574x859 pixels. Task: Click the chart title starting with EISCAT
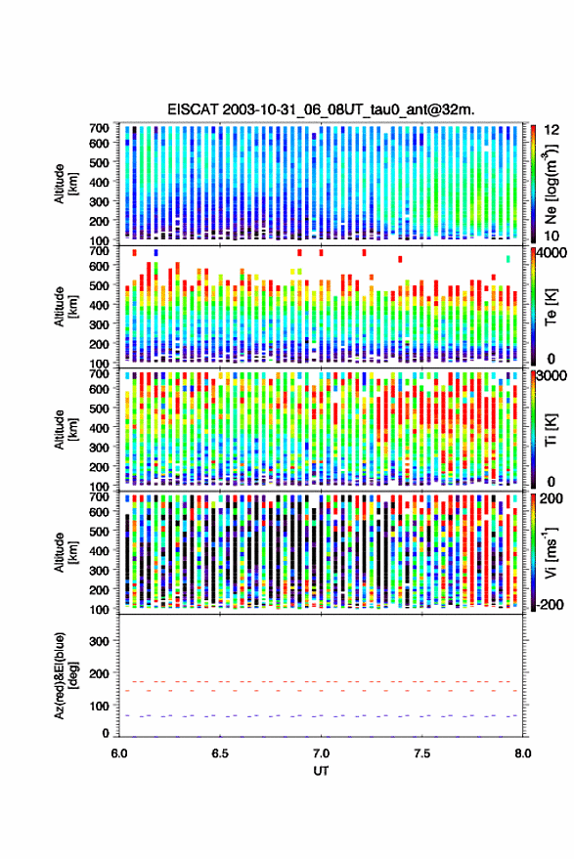tap(321, 109)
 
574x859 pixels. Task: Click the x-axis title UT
tap(321, 771)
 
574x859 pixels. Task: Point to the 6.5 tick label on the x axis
tap(220, 753)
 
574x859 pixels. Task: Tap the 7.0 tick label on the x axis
tap(321, 753)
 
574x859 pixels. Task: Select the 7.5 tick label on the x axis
tap(421, 753)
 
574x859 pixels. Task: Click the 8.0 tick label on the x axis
tap(522, 753)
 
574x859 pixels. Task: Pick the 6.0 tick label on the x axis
tap(119, 753)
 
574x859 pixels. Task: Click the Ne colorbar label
tap(551, 184)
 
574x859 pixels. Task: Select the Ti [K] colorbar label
tap(551, 429)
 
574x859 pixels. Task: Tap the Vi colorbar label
tap(551, 552)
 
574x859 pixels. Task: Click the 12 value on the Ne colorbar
tap(552, 129)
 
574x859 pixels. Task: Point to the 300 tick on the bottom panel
tap(99, 641)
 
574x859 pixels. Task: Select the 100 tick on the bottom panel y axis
tap(99, 706)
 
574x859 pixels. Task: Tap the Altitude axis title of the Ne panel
tap(66, 184)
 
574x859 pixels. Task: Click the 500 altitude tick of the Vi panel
tap(99, 531)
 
